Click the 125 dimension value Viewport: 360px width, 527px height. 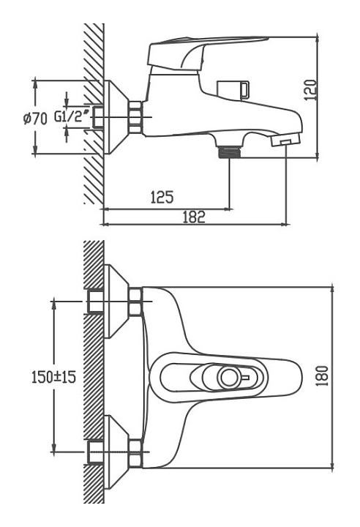click(x=162, y=197)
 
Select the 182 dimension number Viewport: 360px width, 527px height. click(x=194, y=217)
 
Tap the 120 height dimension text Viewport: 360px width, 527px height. click(x=310, y=90)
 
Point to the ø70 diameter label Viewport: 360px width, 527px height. click(x=36, y=119)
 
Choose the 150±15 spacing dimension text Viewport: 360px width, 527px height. click(x=54, y=377)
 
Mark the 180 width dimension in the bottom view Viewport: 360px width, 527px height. click(x=322, y=375)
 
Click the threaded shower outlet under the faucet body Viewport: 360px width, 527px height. click(x=229, y=152)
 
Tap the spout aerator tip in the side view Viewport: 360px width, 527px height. click(x=285, y=140)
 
